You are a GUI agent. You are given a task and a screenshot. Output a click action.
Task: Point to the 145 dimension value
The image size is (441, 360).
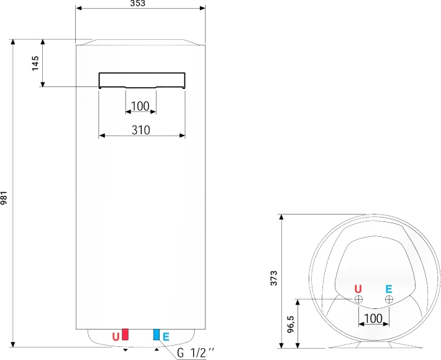tap(35, 63)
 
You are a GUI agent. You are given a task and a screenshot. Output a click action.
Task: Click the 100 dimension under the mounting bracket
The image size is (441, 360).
tap(141, 106)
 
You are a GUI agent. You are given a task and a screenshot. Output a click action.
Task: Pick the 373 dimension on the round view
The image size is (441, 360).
tap(274, 279)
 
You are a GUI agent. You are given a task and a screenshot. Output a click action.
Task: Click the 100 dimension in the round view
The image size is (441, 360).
tap(373, 318)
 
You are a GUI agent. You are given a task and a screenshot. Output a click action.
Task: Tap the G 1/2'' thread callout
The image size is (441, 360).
tap(195, 353)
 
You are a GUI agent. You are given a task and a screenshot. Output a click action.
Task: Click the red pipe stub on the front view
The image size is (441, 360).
tap(125, 335)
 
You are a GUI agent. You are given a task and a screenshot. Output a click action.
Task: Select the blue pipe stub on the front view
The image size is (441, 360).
tap(157, 335)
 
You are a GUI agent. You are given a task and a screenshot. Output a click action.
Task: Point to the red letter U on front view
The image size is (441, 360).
tap(116, 336)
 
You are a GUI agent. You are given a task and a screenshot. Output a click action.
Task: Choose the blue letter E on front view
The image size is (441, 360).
tap(166, 336)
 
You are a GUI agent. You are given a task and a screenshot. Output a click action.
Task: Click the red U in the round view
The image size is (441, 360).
tap(358, 288)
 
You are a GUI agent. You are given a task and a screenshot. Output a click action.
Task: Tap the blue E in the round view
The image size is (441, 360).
tap(389, 288)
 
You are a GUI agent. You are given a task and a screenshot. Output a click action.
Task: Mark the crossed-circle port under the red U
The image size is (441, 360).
tap(358, 300)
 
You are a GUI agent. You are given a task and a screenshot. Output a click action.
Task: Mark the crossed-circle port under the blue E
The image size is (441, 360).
tap(389, 300)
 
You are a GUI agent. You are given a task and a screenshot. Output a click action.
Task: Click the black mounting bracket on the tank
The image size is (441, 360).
tap(142, 80)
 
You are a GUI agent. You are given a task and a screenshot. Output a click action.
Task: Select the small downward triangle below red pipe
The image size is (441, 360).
tap(126, 350)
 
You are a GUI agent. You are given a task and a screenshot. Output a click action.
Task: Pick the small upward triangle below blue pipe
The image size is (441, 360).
tap(157, 349)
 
